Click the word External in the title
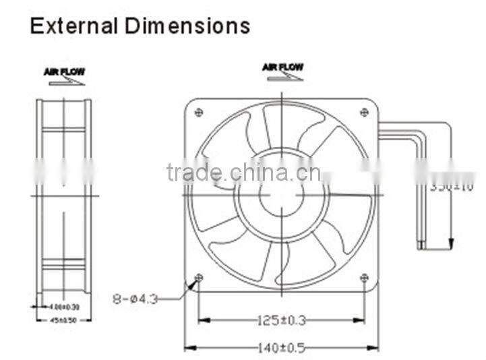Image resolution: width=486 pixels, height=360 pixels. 74,26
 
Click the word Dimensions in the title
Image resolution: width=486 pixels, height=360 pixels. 187,26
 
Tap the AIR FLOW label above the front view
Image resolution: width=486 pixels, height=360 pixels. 282,67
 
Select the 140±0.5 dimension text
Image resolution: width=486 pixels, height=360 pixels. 281,348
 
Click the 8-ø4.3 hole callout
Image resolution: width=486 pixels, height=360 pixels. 135,298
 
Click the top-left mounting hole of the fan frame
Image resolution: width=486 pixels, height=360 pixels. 198,112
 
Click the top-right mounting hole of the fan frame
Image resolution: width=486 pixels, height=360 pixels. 364,112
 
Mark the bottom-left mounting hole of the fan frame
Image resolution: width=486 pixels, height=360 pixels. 198,278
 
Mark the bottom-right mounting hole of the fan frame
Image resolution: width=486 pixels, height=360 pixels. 364,278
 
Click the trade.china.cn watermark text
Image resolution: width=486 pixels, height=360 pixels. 243,173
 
